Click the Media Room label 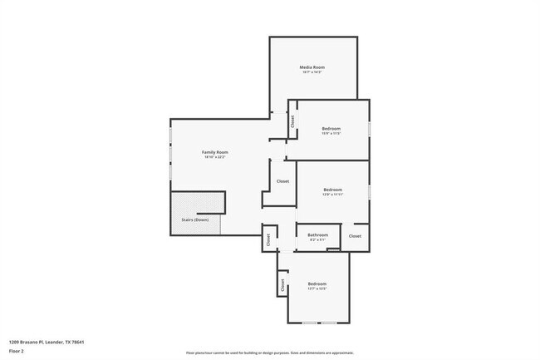[312, 67]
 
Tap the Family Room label [215, 152]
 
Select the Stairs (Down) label [195, 219]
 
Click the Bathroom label [318, 235]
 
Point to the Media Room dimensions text [312, 73]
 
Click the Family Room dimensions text [215, 158]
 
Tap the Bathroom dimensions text [318, 241]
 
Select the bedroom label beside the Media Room [331, 128]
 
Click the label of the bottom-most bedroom [317, 284]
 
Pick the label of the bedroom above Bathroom [332, 190]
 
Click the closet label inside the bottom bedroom [283, 284]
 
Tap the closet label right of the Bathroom [355, 236]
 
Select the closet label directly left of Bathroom [268, 239]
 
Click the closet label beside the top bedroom [292, 121]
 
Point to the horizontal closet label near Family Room [282, 180]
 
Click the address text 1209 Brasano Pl [47, 342]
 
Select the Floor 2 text [17, 350]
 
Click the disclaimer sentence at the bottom [269, 353]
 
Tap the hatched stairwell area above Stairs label [198, 202]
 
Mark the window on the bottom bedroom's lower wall [318, 323]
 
